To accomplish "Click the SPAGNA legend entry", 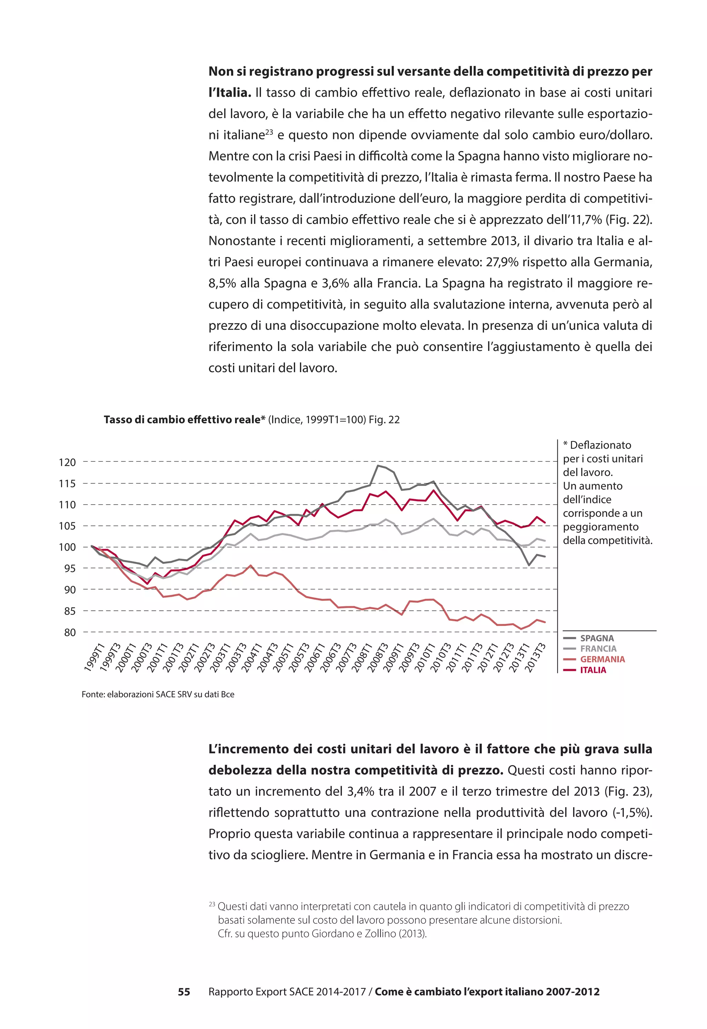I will [596, 638].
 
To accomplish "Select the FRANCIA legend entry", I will [598, 649].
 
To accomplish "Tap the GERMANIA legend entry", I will [602, 659].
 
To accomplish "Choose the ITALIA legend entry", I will [593, 670].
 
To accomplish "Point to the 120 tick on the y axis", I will [67, 462].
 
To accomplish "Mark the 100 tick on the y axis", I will [67, 547].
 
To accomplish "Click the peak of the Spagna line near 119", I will [378, 465].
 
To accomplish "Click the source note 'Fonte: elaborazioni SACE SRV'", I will [158, 694].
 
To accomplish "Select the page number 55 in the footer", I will [184, 992].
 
